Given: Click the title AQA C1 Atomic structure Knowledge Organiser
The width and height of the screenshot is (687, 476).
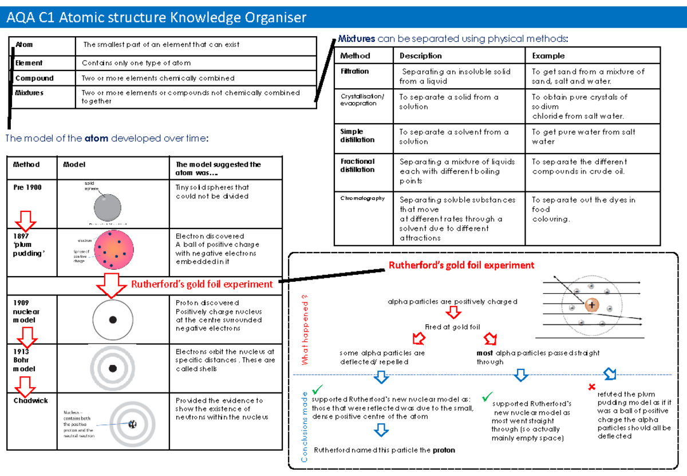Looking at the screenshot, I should (x=156, y=18).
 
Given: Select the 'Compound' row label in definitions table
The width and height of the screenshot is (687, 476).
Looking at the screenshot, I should (x=34, y=78).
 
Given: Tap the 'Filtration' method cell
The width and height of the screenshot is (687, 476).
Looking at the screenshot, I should (x=354, y=72).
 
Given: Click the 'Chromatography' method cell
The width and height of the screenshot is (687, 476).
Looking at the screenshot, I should (x=362, y=198).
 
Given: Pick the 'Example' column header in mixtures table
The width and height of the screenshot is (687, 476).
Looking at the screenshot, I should (x=548, y=56).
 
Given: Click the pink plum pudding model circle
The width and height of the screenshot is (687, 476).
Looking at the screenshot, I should (x=114, y=250).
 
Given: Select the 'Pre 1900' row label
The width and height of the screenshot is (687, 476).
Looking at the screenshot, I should (x=27, y=187).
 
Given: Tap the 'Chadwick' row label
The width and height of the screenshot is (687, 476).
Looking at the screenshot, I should (x=31, y=401).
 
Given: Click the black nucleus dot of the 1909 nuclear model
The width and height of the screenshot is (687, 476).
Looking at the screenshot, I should (x=113, y=320).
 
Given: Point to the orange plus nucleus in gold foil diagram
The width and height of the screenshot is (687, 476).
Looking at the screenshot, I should (x=591, y=305).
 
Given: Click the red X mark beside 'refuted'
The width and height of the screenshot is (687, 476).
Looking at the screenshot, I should (x=592, y=388).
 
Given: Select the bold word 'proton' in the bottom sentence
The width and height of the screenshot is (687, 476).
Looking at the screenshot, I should (x=444, y=450).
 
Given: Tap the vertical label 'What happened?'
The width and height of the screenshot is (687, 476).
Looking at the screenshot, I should (x=305, y=333).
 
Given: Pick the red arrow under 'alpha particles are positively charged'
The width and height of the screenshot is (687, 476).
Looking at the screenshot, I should (x=453, y=313).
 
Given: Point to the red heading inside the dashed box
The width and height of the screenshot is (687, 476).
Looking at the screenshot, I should (x=461, y=265).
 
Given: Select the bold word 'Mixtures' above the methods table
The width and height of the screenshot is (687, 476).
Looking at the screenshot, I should (x=356, y=39).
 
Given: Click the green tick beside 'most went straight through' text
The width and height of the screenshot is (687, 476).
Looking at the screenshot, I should (x=487, y=396).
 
